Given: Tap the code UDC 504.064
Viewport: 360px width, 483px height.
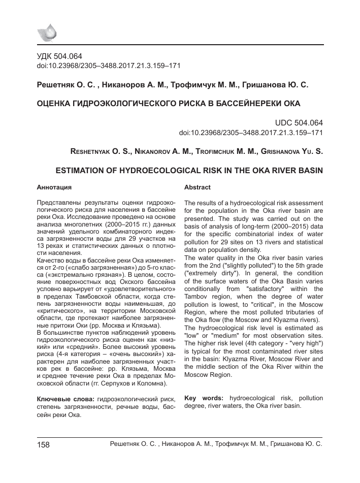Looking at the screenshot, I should (x=299, y=123).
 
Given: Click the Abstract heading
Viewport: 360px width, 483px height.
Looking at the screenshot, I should (x=198, y=187).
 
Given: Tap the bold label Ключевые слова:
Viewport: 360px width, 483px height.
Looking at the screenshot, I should (x=66, y=400).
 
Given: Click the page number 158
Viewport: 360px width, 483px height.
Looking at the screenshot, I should (x=43, y=445).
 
